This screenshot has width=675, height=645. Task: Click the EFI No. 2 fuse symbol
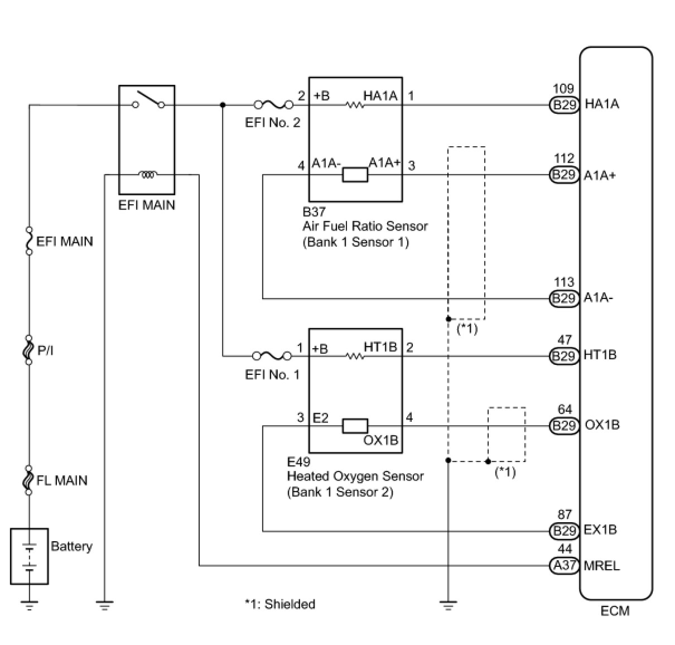pyautogui.click(x=274, y=104)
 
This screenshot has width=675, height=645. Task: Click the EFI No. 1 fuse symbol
pyautogui.click(x=272, y=356)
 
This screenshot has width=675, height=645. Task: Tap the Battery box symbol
pyautogui.click(x=29, y=556)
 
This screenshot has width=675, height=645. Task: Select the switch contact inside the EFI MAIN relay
pyautogui.click(x=148, y=100)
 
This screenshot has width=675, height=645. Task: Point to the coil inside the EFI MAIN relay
pyautogui.click(x=148, y=175)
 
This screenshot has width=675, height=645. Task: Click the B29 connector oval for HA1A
pyautogui.click(x=565, y=104)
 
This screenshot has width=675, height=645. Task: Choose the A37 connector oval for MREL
pyautogui.click(x=565, y=565)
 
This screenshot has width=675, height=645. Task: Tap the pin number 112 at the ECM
pyautogui.click(x=564, y=158)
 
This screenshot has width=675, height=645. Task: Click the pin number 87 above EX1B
pyautogui.click(x=565, y=514)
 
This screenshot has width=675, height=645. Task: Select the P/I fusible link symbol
pyautogui.click(x=29, y=350)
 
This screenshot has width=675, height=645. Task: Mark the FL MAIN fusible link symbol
pyautogui.click(x=29, y=480)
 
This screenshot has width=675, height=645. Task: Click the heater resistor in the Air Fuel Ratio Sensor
pyautogui.click(x=355, y=104)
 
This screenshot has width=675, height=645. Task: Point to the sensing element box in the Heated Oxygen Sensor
pyautogui.click(x=355, y=426)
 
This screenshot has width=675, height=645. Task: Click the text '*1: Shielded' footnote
pyautogui.click(x=280, y=604)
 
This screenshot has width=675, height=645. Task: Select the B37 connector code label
pyautogui.click(x=314, y=211)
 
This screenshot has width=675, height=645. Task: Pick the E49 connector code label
pyautogui.click(x=298, y=462)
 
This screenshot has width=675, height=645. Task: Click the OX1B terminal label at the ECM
pyautogui.click(x=602, y=425)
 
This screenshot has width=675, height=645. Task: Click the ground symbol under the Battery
pyautogui.click(x=29, y=605)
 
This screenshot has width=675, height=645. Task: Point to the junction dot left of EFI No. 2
pyautogui.click(x=223, y=104)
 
